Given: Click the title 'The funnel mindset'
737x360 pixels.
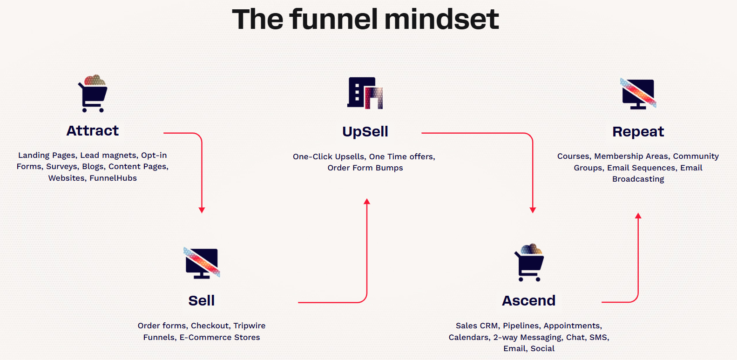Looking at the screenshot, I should [x=365, y=20].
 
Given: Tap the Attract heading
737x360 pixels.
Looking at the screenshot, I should [x=93, y=131].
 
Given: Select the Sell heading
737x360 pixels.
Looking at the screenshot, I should [x=202, y=301].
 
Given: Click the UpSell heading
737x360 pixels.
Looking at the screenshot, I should [x=365, y=132].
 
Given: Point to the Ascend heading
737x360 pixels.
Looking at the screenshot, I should [x=529, y=301].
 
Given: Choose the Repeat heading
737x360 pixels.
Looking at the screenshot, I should [x=638, y=132].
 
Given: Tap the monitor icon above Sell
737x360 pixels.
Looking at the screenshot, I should [x=202, y=263].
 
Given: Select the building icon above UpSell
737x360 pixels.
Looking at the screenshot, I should [x=365, y=93].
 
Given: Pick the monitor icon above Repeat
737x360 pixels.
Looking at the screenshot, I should [x=638, y=94].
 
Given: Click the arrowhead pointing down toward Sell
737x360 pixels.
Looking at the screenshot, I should [x=202, y=211].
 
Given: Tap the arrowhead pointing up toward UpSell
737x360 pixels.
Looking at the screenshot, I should [x=367, y=202].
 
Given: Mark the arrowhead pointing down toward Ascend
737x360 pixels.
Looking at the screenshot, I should [x=533, y=211].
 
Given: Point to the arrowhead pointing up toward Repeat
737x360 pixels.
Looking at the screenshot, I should [x=638, y=216].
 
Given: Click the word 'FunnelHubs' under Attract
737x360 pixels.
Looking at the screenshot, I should [x=113, y=178].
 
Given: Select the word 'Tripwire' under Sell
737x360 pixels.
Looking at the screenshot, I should [x=250, y=326].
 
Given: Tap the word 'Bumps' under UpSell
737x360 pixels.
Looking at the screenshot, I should [x=389, y=168].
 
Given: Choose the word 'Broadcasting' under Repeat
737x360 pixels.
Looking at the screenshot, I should [x=638, y=179].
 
